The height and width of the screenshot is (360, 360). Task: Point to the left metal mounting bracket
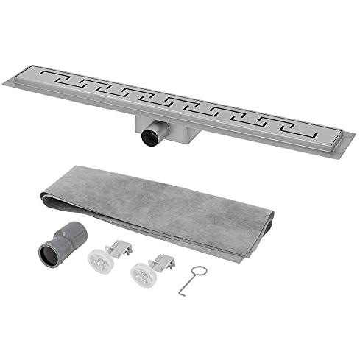119,249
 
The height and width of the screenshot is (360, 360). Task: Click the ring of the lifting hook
200,271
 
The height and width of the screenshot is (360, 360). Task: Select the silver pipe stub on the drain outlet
157,134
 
